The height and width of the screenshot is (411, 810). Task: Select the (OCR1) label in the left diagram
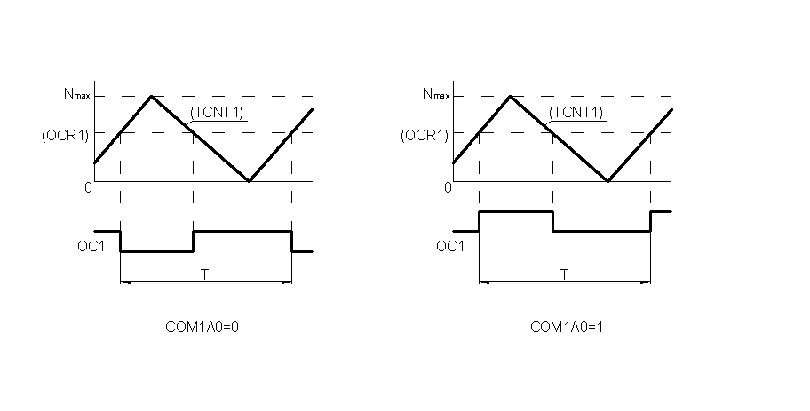click(x=65, y=135)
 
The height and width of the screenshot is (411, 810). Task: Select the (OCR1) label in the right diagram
click(x=424, y=135)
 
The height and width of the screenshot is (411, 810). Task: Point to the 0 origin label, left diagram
click(x=88, y=187)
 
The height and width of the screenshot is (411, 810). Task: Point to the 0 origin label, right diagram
click(x=447, y=187)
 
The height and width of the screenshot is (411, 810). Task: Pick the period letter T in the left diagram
click(x=205, y=274)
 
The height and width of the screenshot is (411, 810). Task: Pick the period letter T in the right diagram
click(x=564, y=274)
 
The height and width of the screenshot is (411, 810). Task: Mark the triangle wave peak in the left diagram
click(x=152, y=96)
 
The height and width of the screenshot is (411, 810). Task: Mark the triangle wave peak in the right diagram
click(x=511, y=96)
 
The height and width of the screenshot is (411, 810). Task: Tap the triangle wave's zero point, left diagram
click(x=250, y=181)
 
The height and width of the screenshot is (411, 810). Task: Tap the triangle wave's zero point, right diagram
click(x=608, y=181)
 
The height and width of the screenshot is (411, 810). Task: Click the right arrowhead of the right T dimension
click(x=646, y=282)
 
